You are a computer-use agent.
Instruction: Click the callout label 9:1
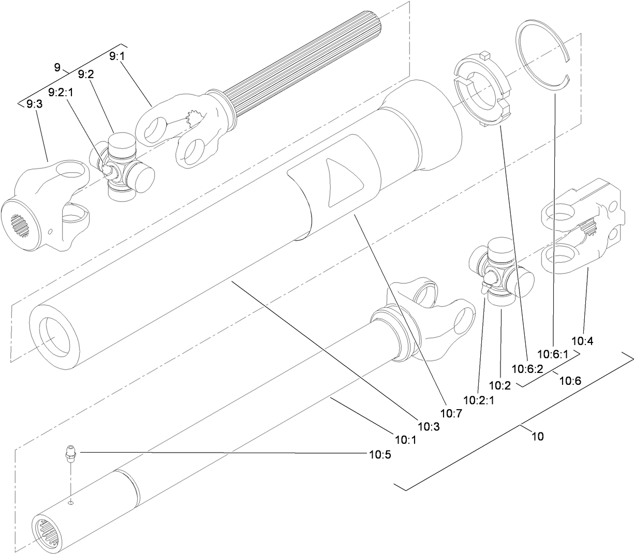pos(117,57)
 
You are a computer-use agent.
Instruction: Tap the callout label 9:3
pos(34,104)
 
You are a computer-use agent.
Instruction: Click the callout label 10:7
pos(451,413)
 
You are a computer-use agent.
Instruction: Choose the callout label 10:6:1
pos(553,354)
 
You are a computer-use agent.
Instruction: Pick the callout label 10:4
pos(582,340)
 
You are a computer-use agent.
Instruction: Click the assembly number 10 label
pos(537,437)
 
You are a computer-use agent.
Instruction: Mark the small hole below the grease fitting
pos(71,501)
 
